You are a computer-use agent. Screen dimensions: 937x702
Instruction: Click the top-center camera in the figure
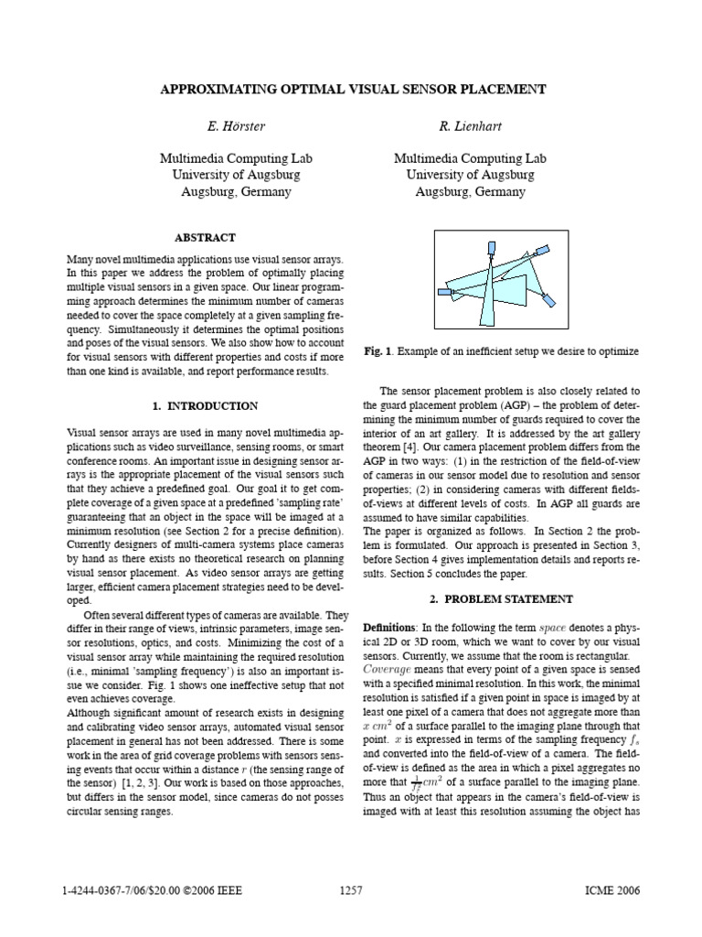pyautogui.click(x=492, y=248)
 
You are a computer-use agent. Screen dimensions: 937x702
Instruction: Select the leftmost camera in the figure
pyautogui.click(x=444, y=292)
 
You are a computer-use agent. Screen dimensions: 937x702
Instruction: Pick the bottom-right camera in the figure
pyautogui.click(x=548, y=299)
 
